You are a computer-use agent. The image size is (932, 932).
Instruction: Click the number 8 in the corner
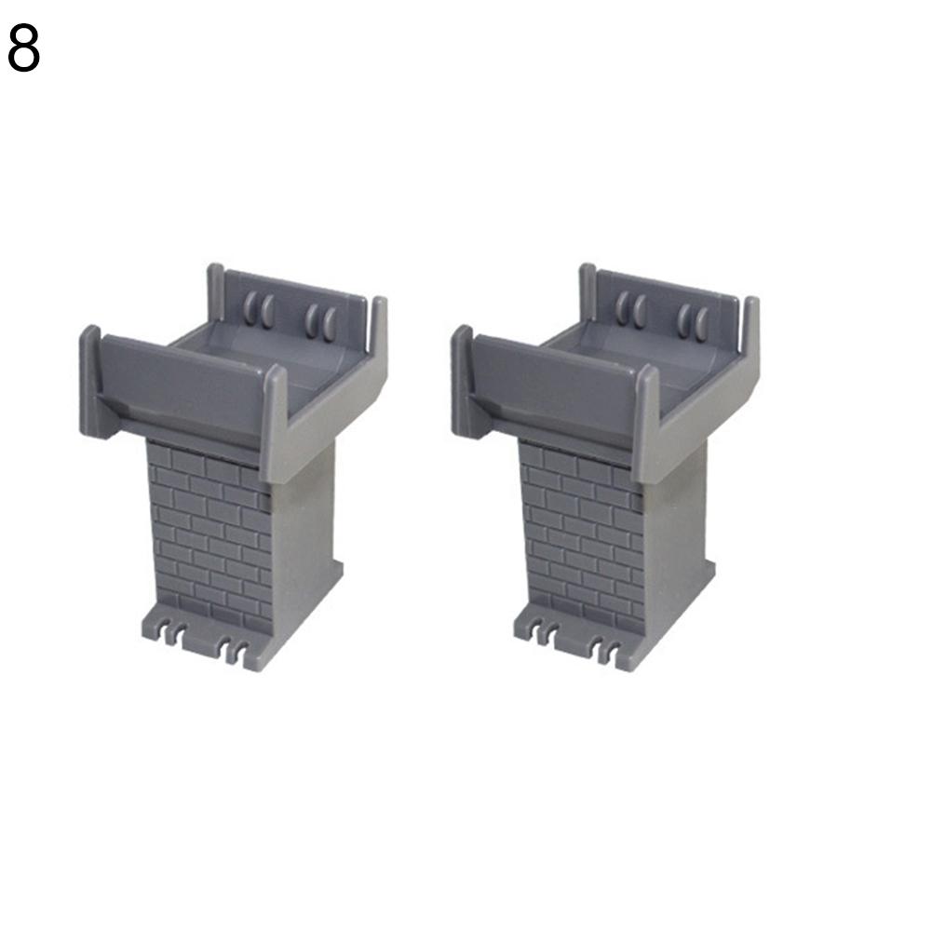[24, 48]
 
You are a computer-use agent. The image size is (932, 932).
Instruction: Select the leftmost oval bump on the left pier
[250, 307]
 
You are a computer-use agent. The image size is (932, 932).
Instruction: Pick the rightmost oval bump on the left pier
[331, 324]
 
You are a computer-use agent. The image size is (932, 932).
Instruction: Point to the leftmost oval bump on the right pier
[622, 307]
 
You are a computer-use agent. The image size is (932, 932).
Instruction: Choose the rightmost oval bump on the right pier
[703, 324]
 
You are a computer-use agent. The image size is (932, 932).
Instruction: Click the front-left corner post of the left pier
[90, 381]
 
